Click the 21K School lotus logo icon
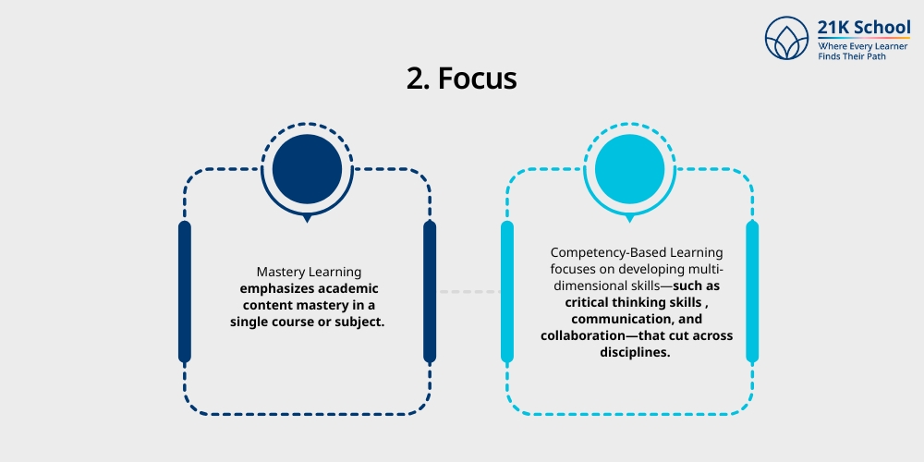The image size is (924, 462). (x=787, y=38)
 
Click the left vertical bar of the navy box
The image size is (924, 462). (x=185, y=291)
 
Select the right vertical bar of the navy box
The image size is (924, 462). (x=430, y=291)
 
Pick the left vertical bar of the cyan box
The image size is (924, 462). (x=506, y=291)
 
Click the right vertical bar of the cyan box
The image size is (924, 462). (x=752, y=291)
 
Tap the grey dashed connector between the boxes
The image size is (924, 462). (x=468, y=292)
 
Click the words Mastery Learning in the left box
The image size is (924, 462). (x=308, y=272)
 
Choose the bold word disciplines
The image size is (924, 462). (x=637, y=352)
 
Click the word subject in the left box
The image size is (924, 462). (x=357, y=322)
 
